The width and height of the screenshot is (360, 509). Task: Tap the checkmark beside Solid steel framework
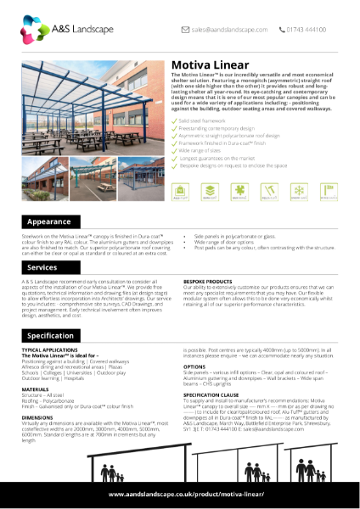(174, 120)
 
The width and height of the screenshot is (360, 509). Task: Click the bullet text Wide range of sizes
(201, 149)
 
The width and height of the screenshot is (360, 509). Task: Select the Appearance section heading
(48, 221)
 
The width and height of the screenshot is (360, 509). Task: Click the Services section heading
(42, 267)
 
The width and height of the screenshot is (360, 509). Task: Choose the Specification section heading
(50, 336)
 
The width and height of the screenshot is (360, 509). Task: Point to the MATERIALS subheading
(37, 389)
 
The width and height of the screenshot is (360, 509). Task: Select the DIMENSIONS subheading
(39, 418)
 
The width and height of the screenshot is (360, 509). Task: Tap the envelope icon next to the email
(185, 29)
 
